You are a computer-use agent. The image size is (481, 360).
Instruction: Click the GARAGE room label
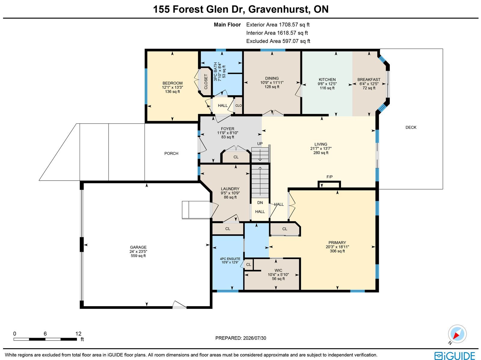[138, 247]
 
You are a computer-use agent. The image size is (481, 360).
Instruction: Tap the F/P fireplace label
[329, 177]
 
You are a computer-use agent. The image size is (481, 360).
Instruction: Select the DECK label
[411, 127]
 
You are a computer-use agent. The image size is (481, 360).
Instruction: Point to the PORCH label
[171, 154]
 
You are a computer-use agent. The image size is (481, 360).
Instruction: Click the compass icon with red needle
[457, 334]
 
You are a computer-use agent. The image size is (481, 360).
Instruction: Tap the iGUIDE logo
[455, 355]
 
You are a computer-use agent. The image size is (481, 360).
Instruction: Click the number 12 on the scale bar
[78, 334]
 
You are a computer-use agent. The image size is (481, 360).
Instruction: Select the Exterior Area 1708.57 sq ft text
[278, 25]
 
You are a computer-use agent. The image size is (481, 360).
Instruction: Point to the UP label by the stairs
[260, 144]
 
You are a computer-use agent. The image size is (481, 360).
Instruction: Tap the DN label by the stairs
[260, 203]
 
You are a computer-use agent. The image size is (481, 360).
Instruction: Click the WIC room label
[278, 270]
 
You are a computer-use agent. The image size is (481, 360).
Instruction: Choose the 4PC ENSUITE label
[230, 259]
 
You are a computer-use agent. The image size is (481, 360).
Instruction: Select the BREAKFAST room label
[369, 80]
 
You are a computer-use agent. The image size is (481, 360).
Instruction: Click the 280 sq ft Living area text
[321, 153]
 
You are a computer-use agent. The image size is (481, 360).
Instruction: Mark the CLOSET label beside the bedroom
[206, 82]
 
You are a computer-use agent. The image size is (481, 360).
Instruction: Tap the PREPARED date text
[241, 338]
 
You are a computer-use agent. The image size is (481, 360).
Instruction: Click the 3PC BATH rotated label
[216, 72]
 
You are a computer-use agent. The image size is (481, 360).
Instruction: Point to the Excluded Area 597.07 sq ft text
[278, 41]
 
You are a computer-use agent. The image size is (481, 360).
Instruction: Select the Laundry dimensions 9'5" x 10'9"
[230, 193]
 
